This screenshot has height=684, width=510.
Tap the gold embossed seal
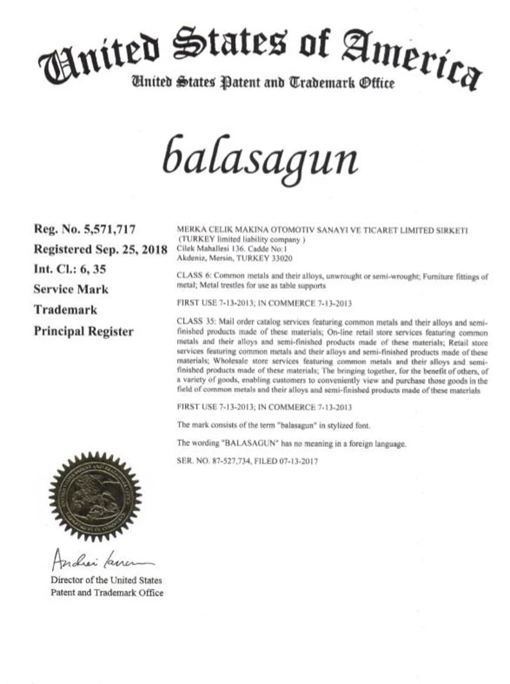pos(95,496)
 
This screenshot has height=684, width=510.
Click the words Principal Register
pos(84,331)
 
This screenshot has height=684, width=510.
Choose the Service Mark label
pos(71,289)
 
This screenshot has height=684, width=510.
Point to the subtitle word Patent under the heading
pos(233,83)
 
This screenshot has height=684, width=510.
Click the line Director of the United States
pos(107,580)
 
